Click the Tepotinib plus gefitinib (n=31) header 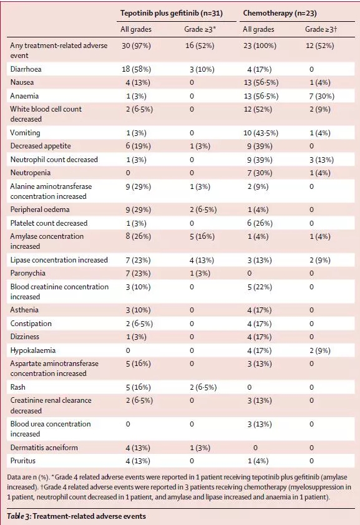172,13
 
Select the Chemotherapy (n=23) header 280,13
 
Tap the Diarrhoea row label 26,69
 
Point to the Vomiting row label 25,133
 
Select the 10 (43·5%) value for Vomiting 261,133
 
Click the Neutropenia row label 31,173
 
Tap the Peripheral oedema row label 40,210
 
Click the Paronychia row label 28,273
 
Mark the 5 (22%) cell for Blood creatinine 260,287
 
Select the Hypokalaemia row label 33,350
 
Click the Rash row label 17,387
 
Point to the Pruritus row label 22,461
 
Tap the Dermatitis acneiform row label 44,448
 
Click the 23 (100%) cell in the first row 260,46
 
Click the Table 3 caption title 76,516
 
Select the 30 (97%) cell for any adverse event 136,46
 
